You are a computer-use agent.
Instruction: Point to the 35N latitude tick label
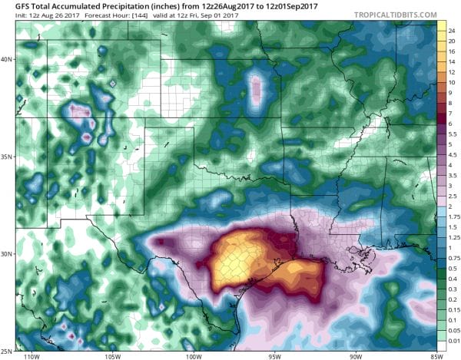8,157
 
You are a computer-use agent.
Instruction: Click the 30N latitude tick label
8,253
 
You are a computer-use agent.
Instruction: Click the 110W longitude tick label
31,356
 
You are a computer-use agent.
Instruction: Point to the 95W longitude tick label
274,356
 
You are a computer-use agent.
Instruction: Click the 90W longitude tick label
355,356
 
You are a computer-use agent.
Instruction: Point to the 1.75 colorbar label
453,216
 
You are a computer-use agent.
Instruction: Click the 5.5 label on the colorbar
453,133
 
